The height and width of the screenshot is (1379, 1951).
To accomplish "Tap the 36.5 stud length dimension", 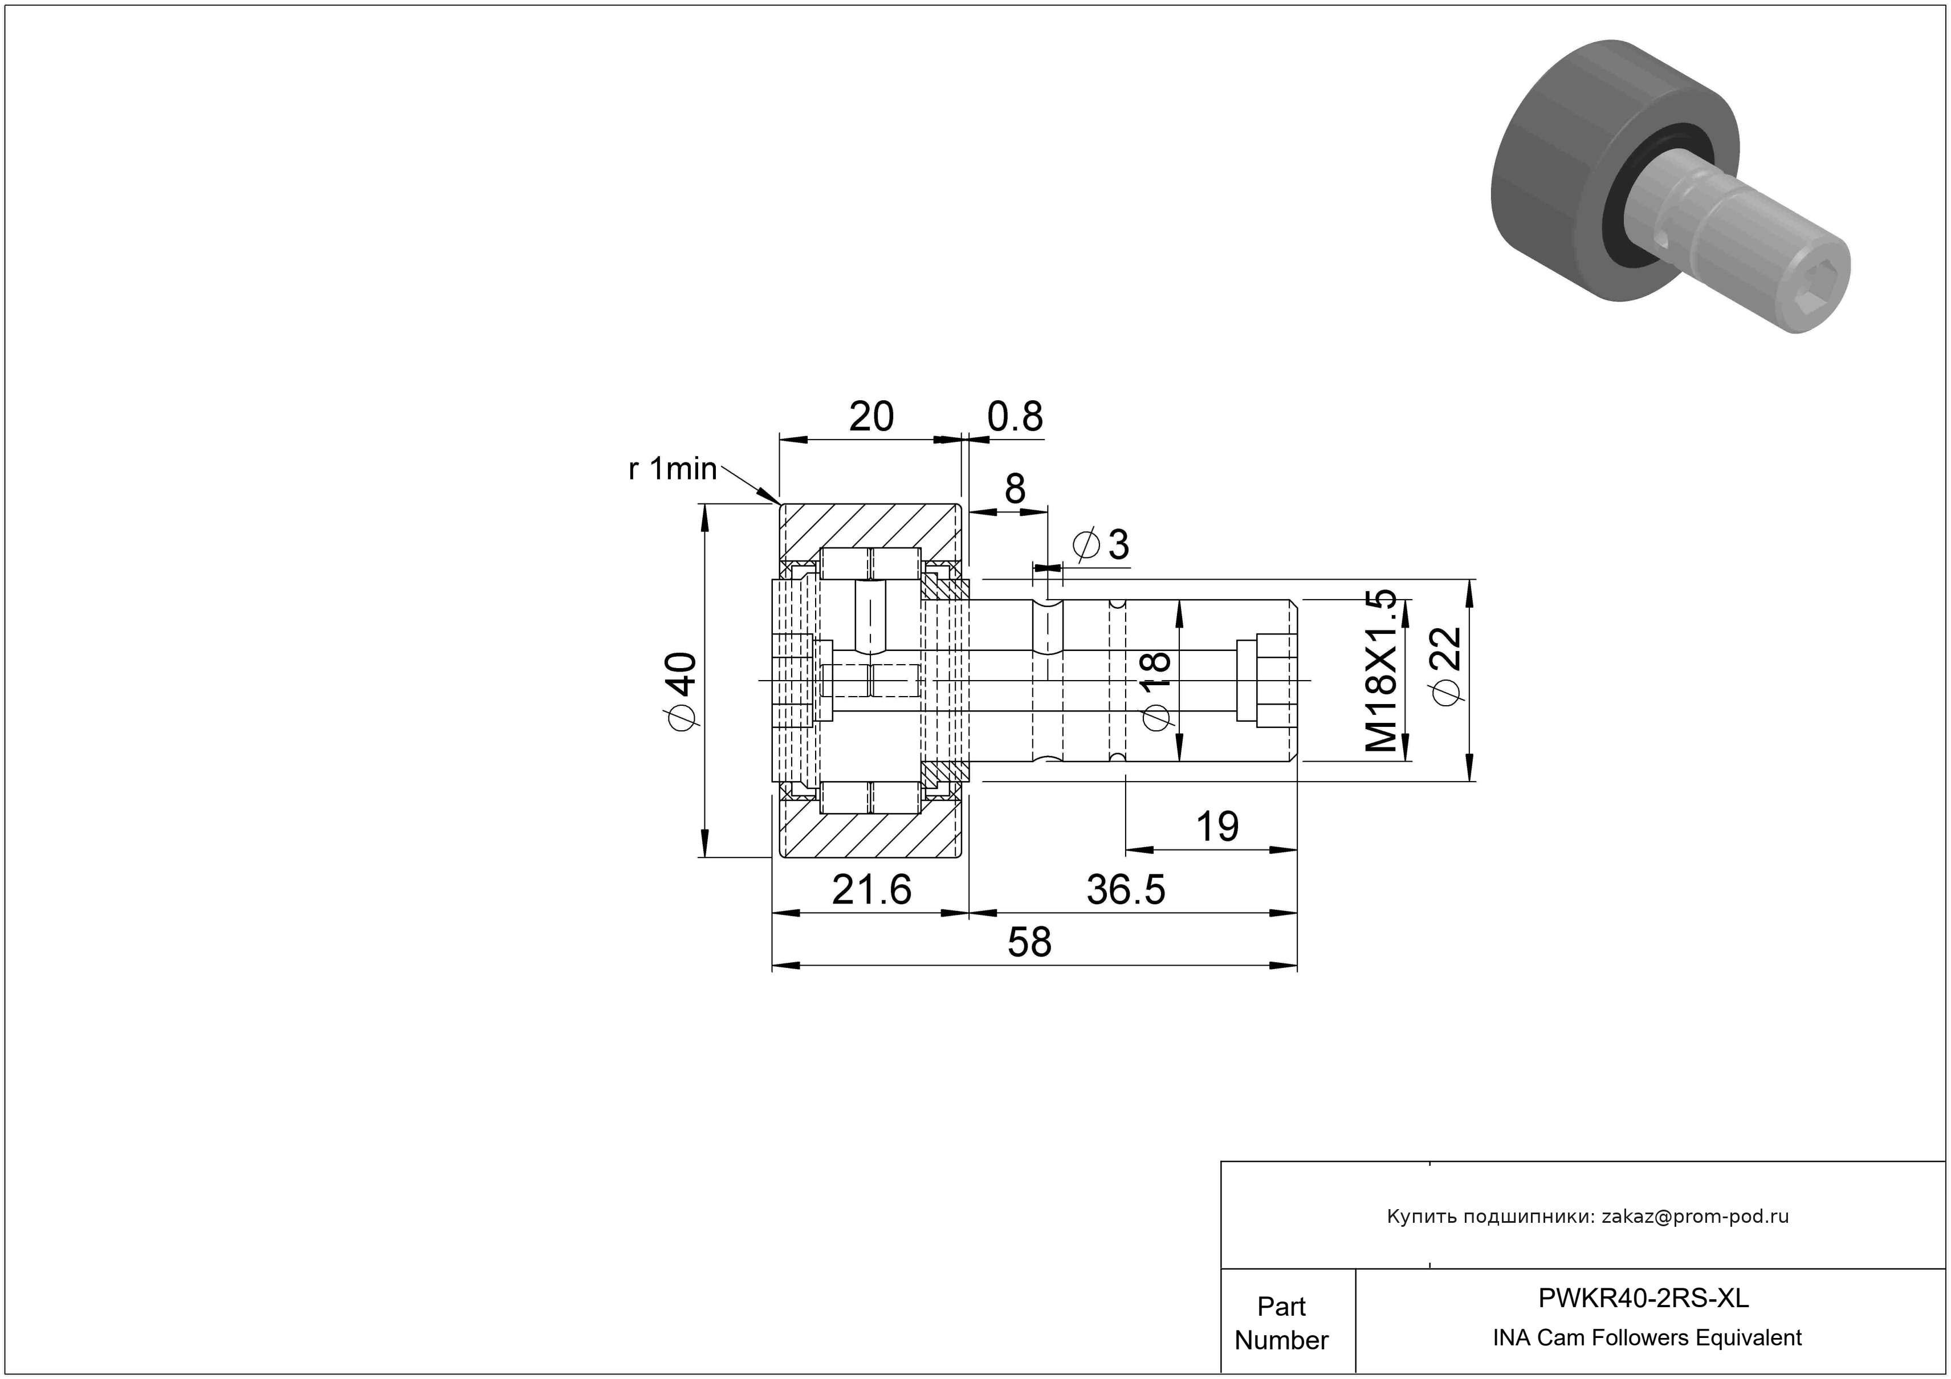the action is [1126, 890].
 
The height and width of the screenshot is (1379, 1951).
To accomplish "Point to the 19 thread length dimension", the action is [1217, 826].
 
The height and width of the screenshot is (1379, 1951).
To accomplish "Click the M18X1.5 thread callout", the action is [1381, 670].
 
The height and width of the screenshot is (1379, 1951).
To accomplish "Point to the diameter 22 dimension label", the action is [1446, 665].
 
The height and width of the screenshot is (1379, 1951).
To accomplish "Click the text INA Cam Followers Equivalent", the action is [1647, 1337].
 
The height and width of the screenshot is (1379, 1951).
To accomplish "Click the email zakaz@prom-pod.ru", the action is [1695, 1217].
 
